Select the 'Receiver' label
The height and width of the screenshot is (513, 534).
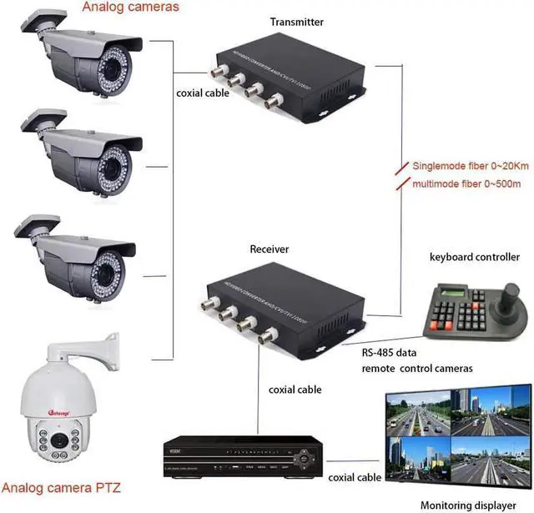pos(269,249)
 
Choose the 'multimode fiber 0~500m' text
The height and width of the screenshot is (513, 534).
pos(469,183)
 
